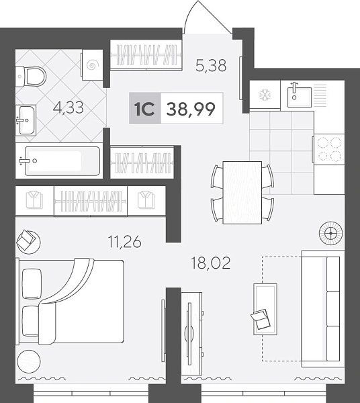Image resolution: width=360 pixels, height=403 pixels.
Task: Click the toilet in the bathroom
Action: (31, 77)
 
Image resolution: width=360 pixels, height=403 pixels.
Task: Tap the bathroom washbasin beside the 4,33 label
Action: (26, 120)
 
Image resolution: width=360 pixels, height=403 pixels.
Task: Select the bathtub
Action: (62, 161)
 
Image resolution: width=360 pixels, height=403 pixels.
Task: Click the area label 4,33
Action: (69, 107)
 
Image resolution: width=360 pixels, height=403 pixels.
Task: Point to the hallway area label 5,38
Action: (211, 65)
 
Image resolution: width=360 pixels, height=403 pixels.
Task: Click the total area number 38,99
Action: (191, 109)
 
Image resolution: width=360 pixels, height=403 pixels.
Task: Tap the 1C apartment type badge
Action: (145, 108)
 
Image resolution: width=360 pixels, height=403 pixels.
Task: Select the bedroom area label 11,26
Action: (125, 242)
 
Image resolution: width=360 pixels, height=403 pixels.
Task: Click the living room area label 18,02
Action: (211, 263)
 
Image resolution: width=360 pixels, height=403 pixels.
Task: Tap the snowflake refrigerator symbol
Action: (265, 95)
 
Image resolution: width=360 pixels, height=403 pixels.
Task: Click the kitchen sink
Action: (300, 97)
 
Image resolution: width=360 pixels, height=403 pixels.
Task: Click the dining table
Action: (242, 193)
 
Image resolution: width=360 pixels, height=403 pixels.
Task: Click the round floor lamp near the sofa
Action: (330, 233)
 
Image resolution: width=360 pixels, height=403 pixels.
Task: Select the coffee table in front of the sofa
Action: (265, 309)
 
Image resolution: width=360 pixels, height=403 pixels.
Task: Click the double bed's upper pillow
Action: (32, 283)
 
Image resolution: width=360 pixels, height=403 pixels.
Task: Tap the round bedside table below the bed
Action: (29, 361)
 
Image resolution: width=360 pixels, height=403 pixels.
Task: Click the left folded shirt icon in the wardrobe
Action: (34, 199)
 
